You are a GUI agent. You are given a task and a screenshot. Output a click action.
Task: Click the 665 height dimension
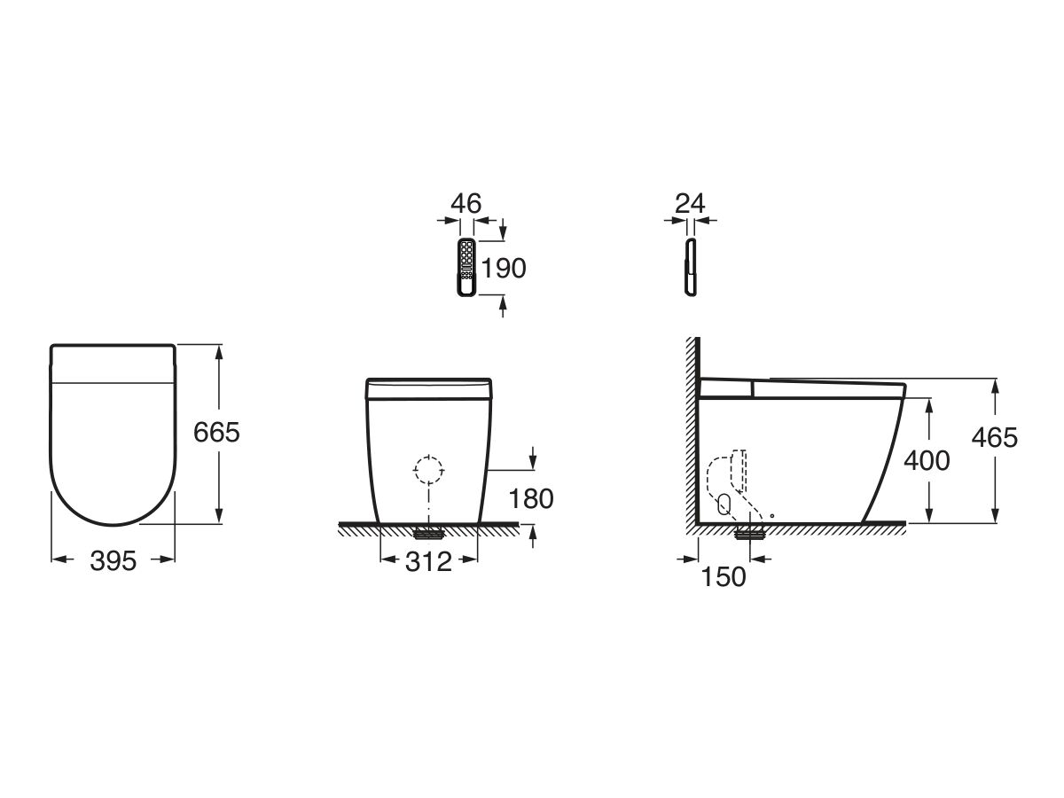click(x=216, y=433)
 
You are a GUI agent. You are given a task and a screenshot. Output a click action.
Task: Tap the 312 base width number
click(x=429, y=560)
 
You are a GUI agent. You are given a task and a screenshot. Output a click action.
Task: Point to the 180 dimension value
click(x=531, y=499)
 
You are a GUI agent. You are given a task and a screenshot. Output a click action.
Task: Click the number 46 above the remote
click(x=465, y=203)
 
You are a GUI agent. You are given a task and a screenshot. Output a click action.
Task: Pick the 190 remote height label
click(x=503, y=268)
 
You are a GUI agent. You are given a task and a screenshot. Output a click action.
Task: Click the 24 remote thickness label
click(x=689, y=203)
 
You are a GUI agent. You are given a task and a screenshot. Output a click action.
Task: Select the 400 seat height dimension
click(x=926, y=460)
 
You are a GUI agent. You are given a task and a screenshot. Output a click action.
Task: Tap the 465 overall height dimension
click(x=995, y=436)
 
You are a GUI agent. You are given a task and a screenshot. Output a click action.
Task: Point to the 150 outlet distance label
click(x=724, y=577)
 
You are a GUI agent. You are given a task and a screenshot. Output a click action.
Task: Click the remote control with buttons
click(x=466, y=266)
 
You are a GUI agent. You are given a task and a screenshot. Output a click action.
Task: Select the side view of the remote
click(x=689, y=266)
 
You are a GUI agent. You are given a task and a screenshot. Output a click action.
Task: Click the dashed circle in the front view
click(x=429, y=470)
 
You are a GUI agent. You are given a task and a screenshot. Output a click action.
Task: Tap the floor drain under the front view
click(x=429, y=533)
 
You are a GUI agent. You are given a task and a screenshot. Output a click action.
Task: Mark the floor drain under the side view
click(x=750, y=532)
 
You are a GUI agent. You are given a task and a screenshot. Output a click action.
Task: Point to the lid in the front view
click(x=429, y=387)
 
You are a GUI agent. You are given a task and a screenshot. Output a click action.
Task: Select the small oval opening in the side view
click(x=724, y=505)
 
